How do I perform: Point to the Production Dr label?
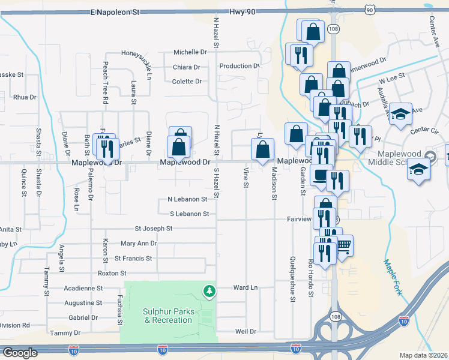239,66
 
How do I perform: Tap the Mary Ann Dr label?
138,244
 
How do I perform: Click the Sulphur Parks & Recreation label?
168,316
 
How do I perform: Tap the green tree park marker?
209,291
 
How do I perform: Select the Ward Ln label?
245,288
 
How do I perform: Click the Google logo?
20,353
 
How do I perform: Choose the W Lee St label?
391,79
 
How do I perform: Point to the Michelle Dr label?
190,52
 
